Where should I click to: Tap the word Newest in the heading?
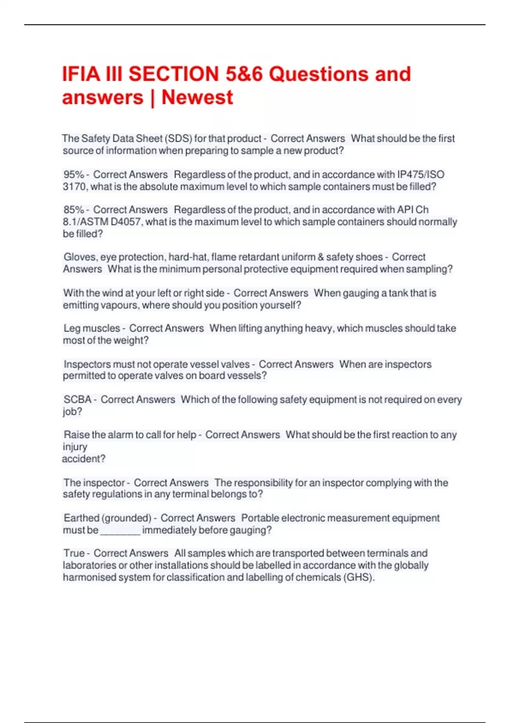point(197,97)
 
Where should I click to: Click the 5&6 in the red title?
point(244,74)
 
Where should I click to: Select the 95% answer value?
point(74,174)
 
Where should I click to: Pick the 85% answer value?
point(74,210)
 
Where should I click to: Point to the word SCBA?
point(77,399)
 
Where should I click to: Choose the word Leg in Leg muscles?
point(71,328)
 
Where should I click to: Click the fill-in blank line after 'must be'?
point(120,531)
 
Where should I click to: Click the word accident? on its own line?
point(83,459)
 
